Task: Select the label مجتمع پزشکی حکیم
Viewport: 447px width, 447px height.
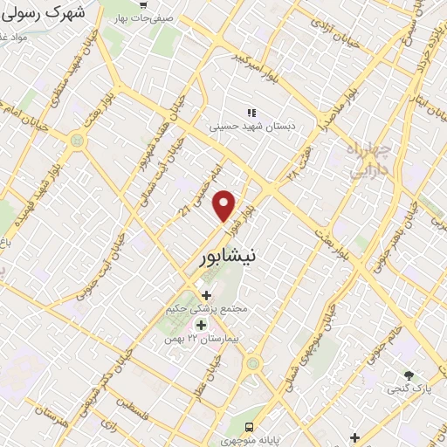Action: pos(208,309)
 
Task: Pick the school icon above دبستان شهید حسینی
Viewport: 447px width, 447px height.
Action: pos(251,113)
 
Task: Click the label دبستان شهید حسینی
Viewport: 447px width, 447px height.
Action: pos(251,126)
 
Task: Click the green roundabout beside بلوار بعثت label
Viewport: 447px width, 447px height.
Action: pos(79,140)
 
